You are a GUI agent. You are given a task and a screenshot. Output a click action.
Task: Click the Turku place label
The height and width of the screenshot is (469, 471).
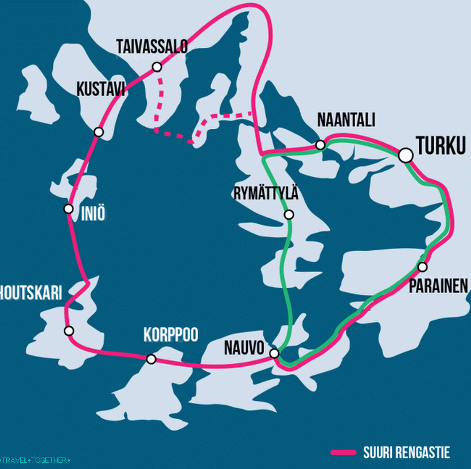441,146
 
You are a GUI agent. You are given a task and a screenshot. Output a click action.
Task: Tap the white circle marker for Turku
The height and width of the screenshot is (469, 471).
406,155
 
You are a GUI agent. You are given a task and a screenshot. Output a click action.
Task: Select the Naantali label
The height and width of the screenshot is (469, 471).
346,120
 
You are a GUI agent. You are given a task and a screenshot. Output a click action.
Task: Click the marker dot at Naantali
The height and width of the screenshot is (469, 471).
321,145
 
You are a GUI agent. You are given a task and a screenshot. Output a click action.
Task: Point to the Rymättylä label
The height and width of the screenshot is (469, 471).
266,193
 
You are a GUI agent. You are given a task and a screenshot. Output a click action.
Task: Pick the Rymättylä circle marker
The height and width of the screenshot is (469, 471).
289,215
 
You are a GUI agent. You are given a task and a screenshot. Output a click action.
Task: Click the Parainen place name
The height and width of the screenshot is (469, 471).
438,286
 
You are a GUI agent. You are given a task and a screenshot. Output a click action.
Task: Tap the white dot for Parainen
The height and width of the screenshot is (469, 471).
422,267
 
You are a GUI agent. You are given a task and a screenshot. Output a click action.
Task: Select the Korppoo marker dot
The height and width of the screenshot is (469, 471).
151,359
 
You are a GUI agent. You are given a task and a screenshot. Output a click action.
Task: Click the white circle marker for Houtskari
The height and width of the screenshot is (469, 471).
69,331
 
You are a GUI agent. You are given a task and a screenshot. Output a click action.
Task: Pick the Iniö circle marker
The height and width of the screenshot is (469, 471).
69,208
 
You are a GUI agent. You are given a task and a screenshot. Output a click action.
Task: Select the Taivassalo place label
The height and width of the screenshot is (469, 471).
151,46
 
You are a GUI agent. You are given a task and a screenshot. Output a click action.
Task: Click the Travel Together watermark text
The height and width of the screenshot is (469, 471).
36,460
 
